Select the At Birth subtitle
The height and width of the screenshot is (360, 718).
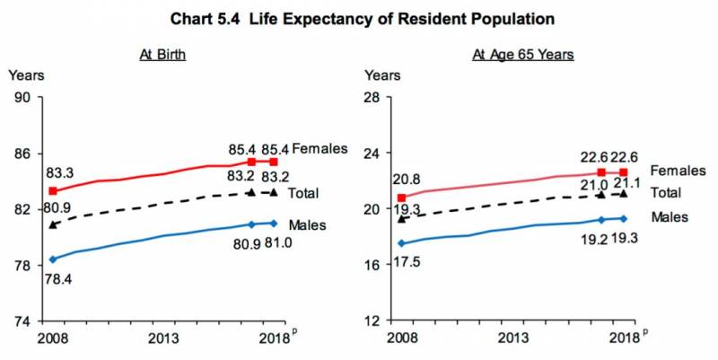tap(162, 55)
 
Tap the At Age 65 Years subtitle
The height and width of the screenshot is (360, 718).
tap(523, 55)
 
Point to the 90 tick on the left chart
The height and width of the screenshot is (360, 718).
tap(22, 98)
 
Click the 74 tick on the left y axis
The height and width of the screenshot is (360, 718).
tap(22, 320)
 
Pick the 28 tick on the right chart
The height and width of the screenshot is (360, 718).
tap(371, 98)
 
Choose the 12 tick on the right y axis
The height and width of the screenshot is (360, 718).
tap(371, 320)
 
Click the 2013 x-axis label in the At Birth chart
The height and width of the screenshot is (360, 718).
tap(163, 338)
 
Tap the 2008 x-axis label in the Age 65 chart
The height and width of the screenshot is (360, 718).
tap(401, 338)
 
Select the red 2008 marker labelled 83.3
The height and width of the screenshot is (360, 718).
tap(53, 191)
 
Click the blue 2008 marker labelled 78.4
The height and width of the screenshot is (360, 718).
tap(53, 259)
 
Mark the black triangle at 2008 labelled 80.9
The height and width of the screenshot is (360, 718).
tap(53, 224)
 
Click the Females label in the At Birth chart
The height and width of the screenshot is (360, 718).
tap(320, 148)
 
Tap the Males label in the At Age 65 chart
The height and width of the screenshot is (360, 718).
tap(669, 217)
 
